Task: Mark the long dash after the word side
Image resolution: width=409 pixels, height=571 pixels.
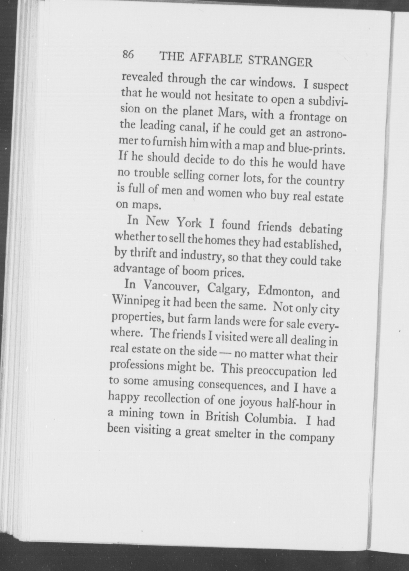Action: (224, 352)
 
